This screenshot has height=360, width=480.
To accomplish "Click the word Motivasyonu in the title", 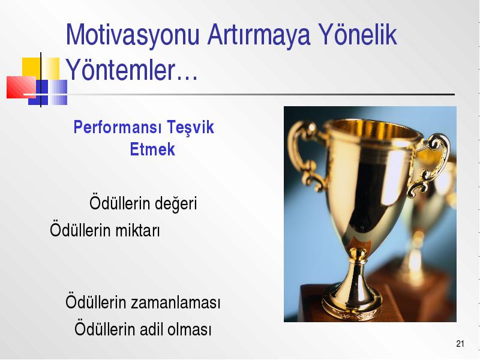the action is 133,36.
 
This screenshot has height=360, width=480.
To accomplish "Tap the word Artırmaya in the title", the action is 259,36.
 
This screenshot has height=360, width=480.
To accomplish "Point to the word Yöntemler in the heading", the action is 121,70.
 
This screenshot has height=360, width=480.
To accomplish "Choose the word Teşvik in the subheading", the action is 190,127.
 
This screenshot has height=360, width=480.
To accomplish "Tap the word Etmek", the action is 152,149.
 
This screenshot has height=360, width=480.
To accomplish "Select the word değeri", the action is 176,203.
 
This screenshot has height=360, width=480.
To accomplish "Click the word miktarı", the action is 137,230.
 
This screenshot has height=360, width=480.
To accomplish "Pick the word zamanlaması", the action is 176,302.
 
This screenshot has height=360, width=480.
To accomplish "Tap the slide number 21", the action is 460,344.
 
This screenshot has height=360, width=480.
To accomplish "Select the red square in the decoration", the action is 21,87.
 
